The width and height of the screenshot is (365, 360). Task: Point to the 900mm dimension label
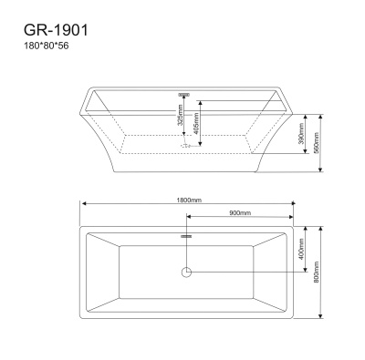click(x=240, y=213)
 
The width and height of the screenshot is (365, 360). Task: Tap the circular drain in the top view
click(x=187, y=271)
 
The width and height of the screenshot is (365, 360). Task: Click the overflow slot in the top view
click(x=187, y=236)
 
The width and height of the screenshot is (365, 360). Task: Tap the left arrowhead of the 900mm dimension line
click(x=189, y=217)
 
